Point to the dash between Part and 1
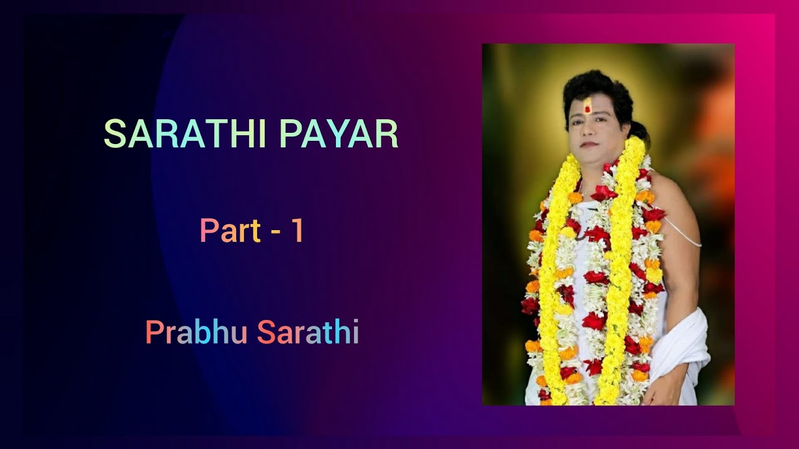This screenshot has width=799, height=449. coord(275,232)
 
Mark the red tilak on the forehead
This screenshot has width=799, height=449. coord(587,107)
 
